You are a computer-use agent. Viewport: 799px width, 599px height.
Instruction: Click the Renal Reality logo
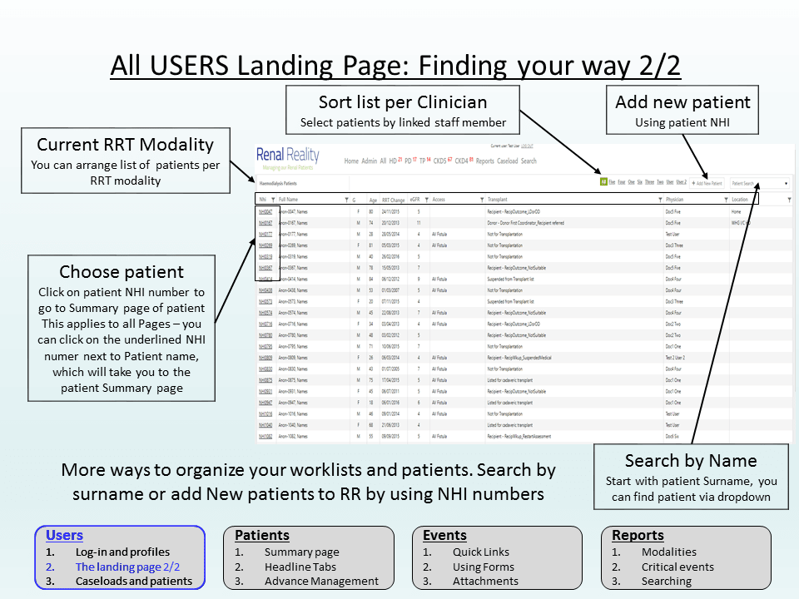(287, 156)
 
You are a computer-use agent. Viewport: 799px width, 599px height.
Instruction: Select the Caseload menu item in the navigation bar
(508, 161)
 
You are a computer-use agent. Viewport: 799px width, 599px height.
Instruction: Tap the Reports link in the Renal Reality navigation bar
(484, 161)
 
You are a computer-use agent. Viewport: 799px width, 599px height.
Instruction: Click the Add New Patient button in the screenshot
(707, 182)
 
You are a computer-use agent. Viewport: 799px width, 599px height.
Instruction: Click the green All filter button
(603, 181)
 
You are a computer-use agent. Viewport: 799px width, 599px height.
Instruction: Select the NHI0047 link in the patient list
(266, 212)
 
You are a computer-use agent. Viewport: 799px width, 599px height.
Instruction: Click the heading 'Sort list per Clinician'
(403, 102)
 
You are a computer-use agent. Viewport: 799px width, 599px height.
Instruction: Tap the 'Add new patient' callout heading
(682, 102)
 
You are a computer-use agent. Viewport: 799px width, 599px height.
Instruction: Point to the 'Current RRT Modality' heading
(125, 145)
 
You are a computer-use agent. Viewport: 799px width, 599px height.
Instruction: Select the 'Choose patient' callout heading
(122, 272)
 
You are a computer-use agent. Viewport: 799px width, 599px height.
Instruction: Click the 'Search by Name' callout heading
(691, 461)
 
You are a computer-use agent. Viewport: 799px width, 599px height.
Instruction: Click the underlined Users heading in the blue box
(64, 535)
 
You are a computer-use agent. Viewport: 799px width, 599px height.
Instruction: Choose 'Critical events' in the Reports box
(677, 567)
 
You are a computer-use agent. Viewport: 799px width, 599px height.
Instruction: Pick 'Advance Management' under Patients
(321, 581)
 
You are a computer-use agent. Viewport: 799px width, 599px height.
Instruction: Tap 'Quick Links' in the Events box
(481, 552)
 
